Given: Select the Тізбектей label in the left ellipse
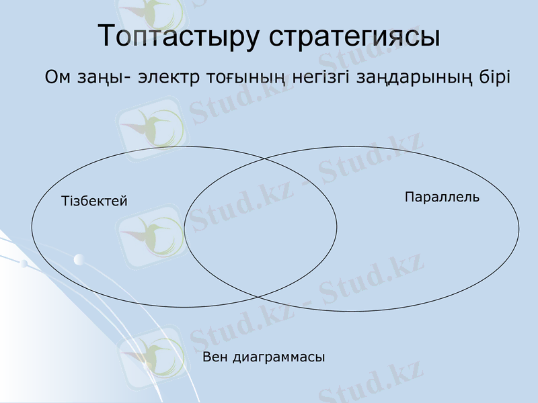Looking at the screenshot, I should [x=94, y=201].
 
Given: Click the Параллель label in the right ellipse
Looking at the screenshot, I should [x=442, y=197].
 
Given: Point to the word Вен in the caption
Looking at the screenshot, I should [x=215, y=357].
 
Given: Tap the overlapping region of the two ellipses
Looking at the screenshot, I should [x=261, y=227].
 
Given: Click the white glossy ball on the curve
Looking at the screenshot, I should [x=79, y=259].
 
